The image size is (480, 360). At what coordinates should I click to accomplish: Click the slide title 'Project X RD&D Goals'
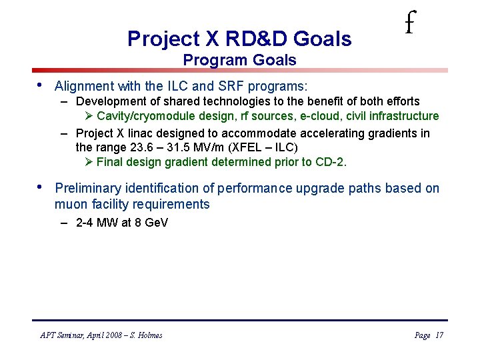pos(239,39)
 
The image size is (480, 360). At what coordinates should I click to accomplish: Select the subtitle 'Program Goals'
pos(239,60)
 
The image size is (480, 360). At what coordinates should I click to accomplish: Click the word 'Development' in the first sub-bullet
pos(109,101)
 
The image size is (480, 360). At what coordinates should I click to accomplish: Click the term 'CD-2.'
pos(331,161)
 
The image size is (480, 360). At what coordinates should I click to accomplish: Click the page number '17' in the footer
pos(439,335)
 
